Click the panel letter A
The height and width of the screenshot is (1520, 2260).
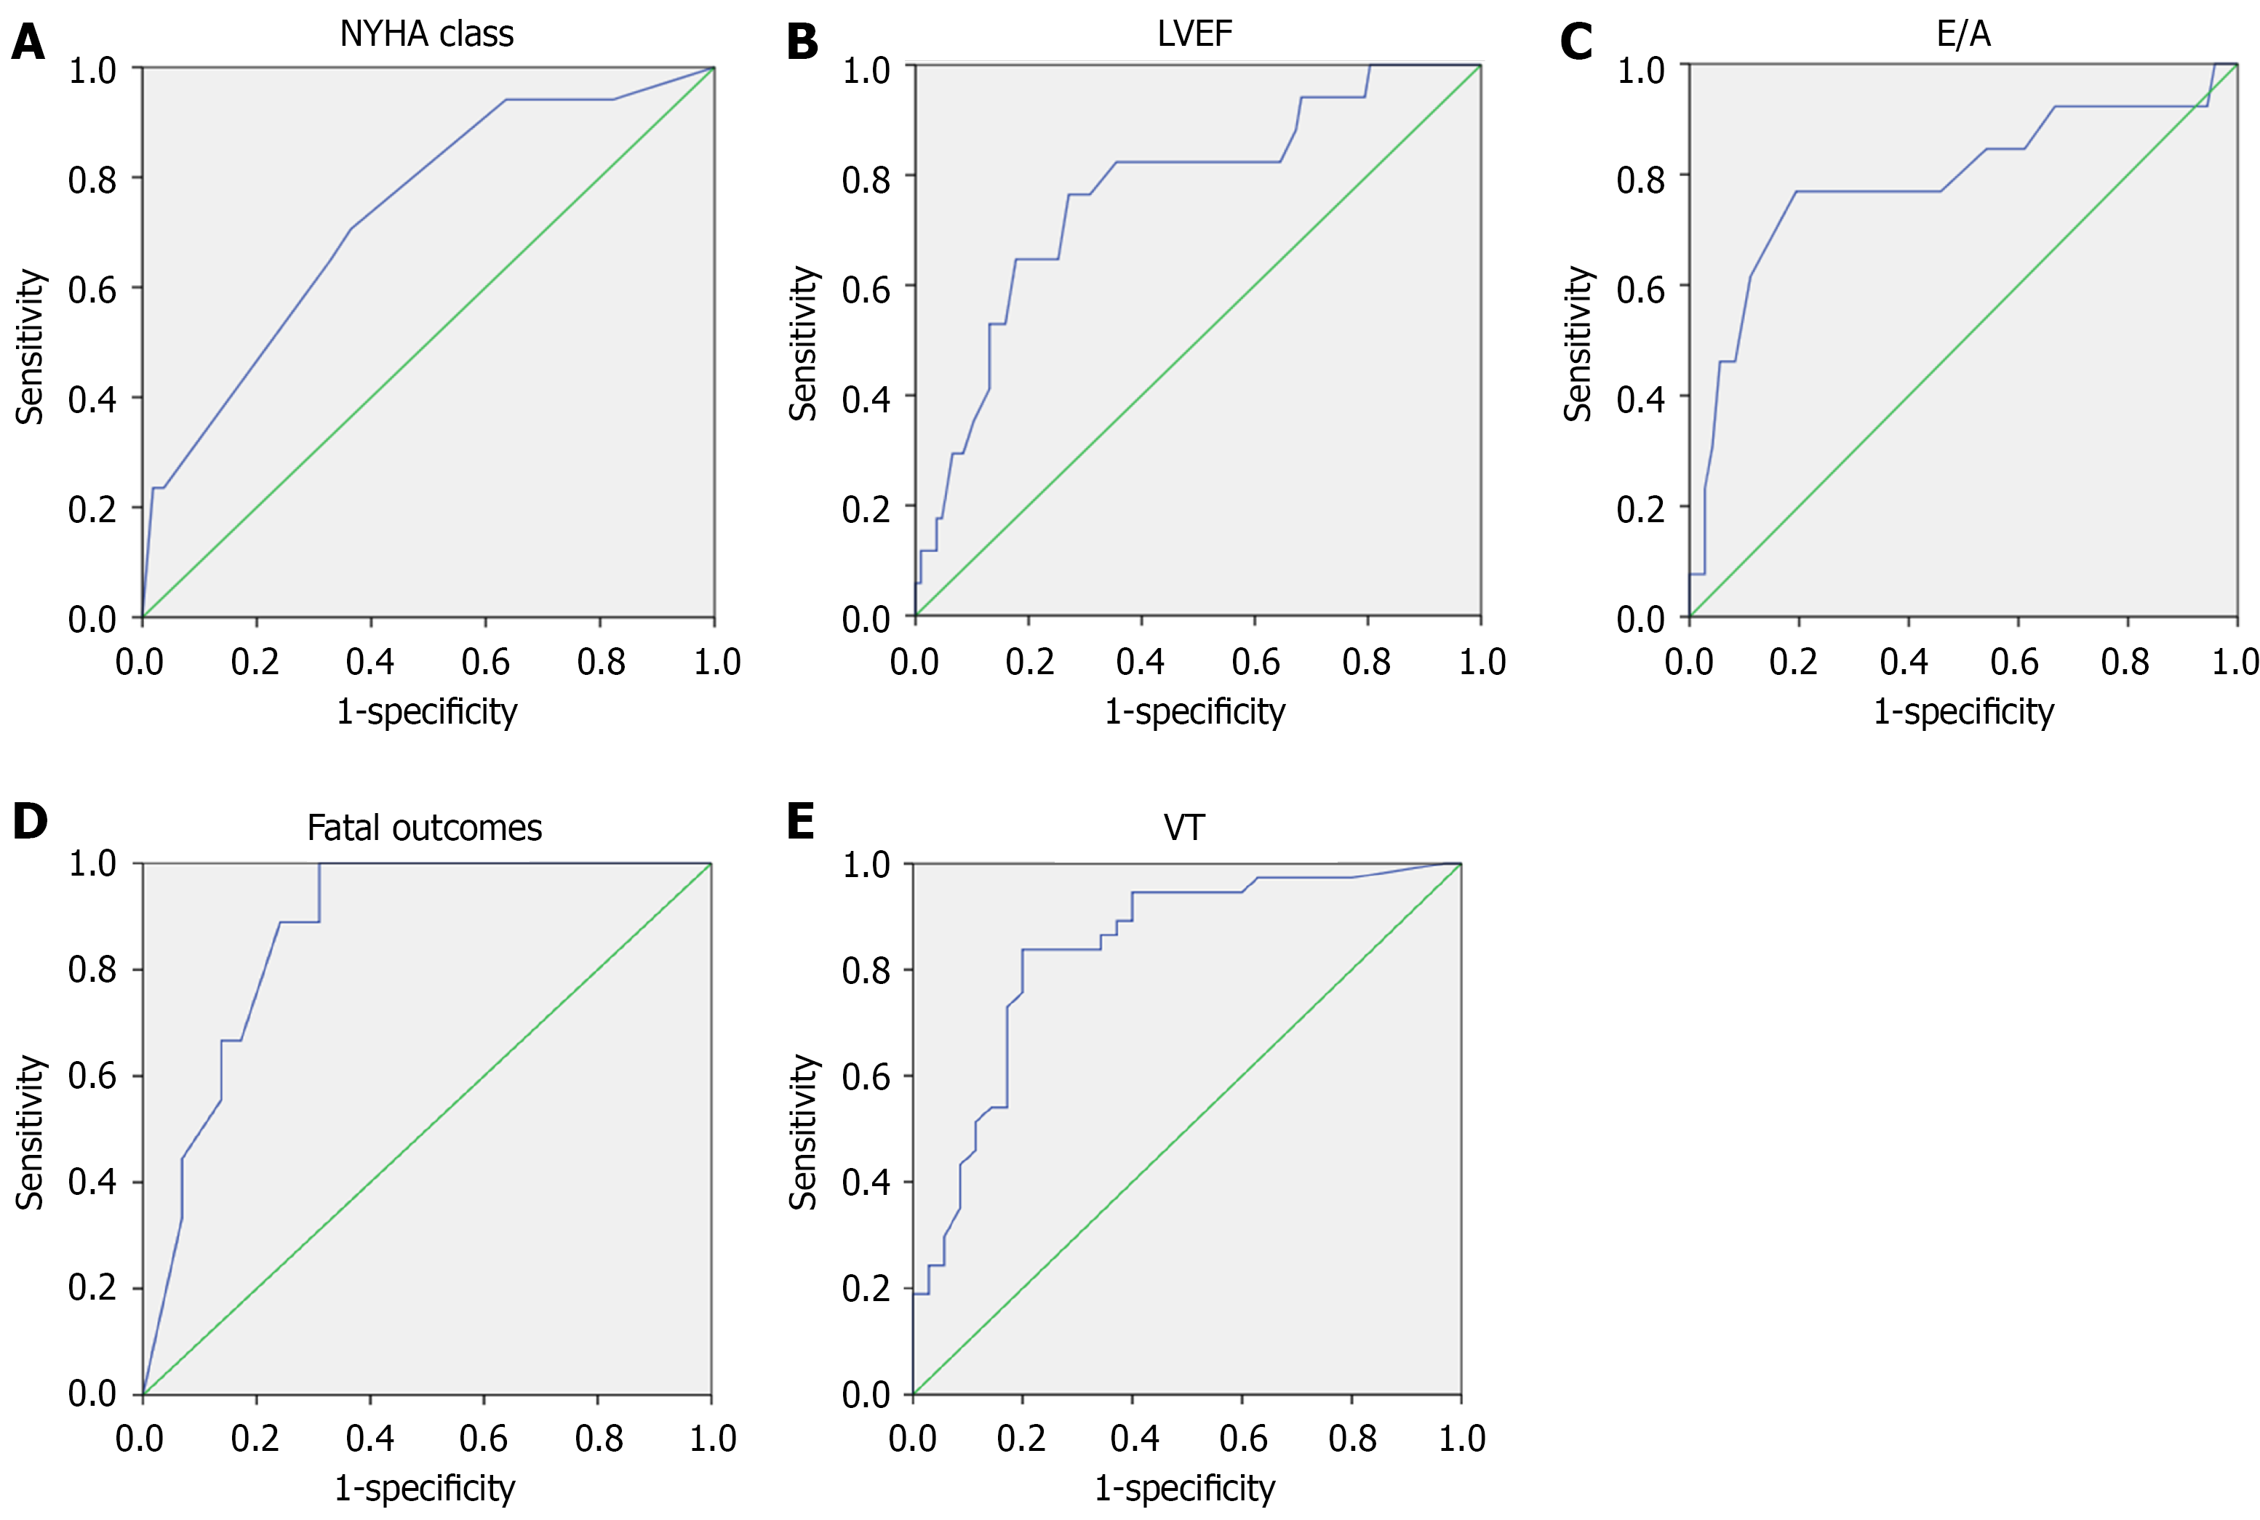pyautogui.click(x=28, y=43)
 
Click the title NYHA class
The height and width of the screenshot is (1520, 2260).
pyautogui.click(x=426, y=34)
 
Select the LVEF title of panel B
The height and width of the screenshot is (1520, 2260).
pyautogui.click(x=1194, y=34)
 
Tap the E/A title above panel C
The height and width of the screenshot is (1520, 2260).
pyautogui.click(x=1963, y=34)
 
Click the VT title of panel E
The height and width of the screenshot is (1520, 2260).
pyautogui.click(x=1183, y=828)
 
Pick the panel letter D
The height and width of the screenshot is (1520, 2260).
pyautogui.click(x=30, y=821)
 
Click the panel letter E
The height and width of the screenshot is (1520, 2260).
pyautogui.click(x=801, y=821)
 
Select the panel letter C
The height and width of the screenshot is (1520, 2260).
pyautogui.click(x=1576, y=43)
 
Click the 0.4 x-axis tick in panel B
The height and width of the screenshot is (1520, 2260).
pyautogui.click(x=1140, y=662)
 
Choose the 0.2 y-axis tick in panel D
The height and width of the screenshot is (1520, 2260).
pyautogui.click(x=92, y=1288)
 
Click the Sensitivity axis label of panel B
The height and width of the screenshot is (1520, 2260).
pyautogui.click(x=804, y=343)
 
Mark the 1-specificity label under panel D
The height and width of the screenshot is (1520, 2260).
pyautogui.click(x=425, y=1488)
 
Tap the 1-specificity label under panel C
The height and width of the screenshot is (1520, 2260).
pyautogui.click(x=1963, y=711)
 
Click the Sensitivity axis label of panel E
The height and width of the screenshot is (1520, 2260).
pyautogui.click(x=804, y=1132)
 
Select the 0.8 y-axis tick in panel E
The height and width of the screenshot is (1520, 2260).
pyautogui.click(x=866, y=970)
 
